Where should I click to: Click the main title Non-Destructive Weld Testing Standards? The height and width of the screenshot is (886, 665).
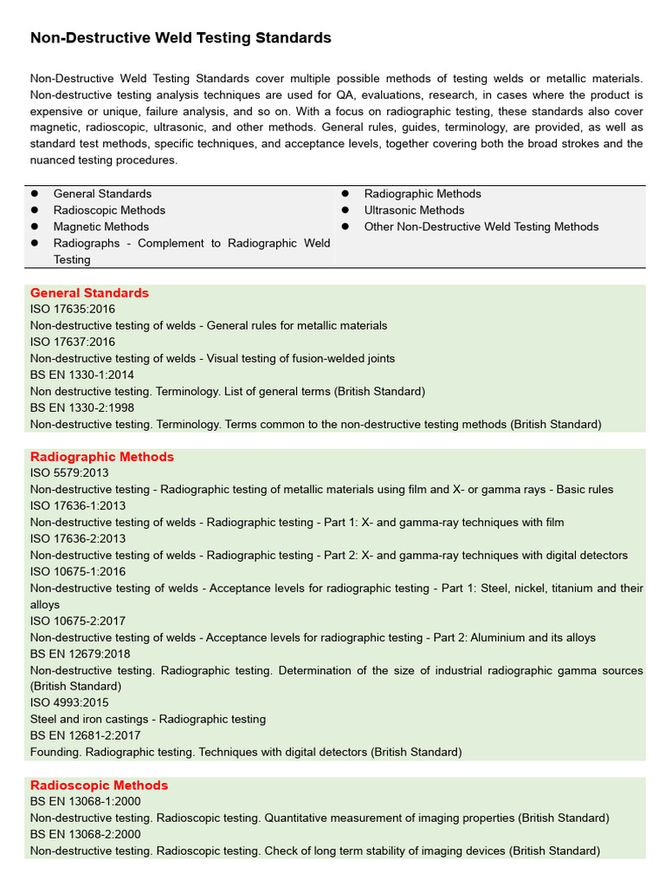pos(181,38)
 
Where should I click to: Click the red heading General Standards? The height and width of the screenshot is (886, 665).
pos(89,292)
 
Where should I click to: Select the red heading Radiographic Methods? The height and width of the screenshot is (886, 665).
pos(102,456)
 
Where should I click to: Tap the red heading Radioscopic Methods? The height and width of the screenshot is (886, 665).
pos(99,785)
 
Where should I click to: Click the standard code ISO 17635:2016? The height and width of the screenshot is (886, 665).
pos(73,309)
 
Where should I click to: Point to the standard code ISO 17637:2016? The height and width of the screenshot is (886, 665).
pos(73,342)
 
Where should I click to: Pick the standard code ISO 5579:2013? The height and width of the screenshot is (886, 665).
pos(69,472)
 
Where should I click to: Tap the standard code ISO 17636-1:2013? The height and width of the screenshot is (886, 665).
pos(78,505)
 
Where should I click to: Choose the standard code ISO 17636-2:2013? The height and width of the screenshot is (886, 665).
pos(78,538)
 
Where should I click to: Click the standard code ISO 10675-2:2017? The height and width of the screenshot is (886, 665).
pos(78,620)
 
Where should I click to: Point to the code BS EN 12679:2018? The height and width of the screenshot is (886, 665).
pos(79,653)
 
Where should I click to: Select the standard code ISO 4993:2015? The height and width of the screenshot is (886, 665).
pos(69,703)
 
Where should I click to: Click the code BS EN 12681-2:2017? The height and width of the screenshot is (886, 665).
pos(84,735)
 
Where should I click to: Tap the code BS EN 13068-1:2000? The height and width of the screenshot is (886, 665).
pos(84,801)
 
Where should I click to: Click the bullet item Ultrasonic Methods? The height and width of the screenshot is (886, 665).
pos(414,210)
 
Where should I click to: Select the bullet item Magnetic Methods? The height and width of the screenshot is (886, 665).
pos(101,227)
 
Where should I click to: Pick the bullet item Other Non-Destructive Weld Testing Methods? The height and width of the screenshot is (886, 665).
pos(481,227)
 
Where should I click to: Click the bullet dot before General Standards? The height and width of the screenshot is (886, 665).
pos(35,194)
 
